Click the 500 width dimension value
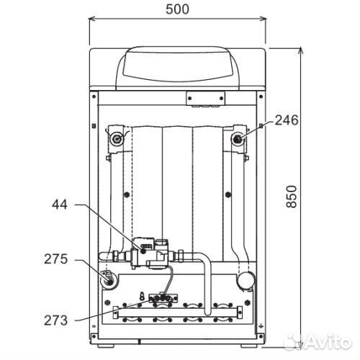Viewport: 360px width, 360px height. tap(177, 9)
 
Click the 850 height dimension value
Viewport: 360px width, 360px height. tap(292, 197)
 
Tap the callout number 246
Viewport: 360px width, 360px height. tap(287, 120)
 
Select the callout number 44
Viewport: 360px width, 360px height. tap(60, 204)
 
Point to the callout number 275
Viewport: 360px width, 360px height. tap(56, 259)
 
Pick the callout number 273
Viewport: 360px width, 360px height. tap(56, 320)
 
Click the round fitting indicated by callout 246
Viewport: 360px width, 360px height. tap(238, 139)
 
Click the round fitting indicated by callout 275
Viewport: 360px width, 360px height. tap(109, 280)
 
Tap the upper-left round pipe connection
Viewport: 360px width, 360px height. tap(117, 138)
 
